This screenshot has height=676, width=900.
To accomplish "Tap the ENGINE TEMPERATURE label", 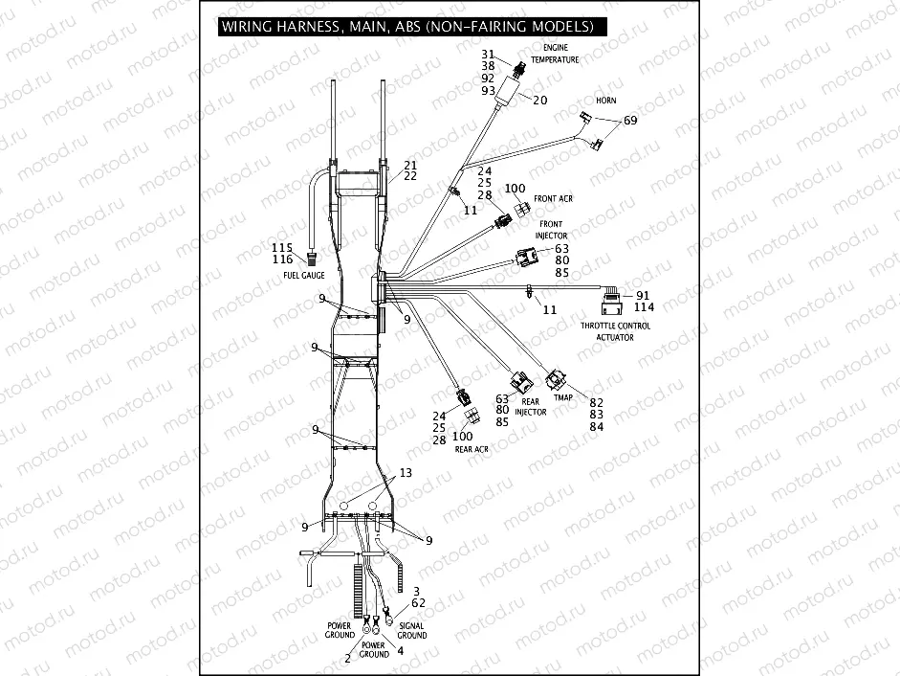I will (561, 53).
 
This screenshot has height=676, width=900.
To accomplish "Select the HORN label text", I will (606, 100).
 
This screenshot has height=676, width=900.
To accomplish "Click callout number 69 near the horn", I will (630, 121).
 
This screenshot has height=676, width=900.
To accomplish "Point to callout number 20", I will (539, 100).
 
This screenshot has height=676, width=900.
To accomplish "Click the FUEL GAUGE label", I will (304, 276).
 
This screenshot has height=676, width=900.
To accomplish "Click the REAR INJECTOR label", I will (531, 407).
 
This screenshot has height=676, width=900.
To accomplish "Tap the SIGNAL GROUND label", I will (412, 631).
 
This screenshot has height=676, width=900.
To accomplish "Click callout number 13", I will (406, 473).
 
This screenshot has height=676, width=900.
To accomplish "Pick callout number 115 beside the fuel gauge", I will (281, 248).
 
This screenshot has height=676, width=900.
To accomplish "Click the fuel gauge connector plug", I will (311, 259).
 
